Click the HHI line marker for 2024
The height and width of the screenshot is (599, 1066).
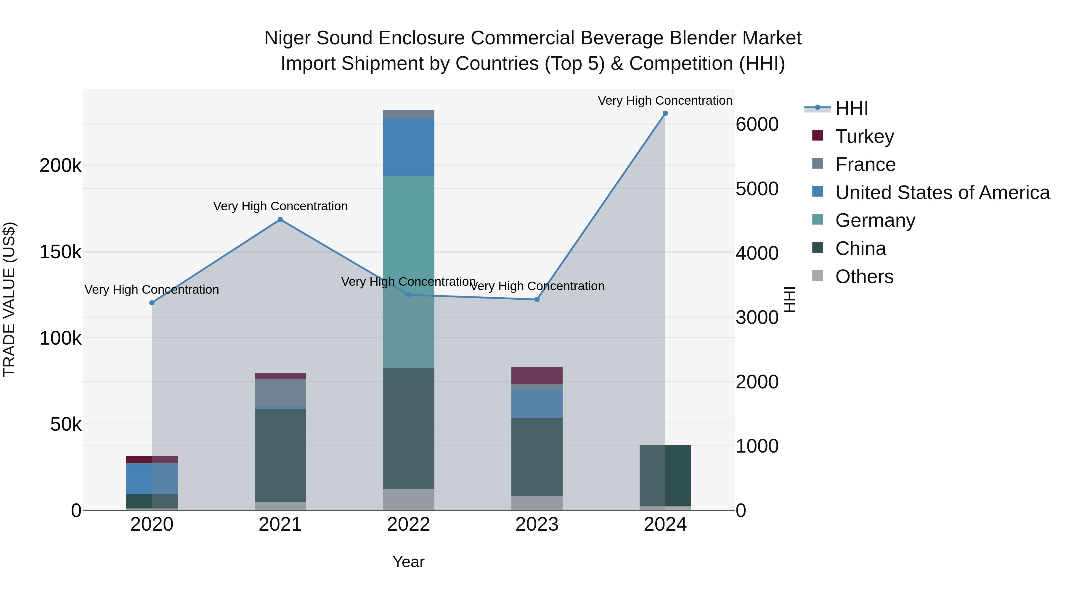665,113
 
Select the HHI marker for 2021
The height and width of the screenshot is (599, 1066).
280,219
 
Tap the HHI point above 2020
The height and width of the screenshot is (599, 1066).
152,303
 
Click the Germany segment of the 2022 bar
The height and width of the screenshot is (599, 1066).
408,248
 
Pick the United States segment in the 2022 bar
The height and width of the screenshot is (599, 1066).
408,147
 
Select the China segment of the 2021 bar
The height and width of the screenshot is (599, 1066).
280,455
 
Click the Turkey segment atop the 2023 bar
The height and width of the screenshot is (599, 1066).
537,375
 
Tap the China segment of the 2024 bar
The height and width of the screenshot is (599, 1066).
665,475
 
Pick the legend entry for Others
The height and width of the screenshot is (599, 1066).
864,277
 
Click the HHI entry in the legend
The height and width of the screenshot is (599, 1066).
851,108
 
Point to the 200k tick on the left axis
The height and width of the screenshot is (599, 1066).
60,166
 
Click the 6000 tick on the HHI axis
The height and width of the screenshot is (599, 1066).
757,125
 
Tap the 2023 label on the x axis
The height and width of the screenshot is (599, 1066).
537,524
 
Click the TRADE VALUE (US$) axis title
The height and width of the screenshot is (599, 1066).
9,299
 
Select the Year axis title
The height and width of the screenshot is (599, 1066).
408,562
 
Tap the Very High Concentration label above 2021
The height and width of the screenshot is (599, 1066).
280,206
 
